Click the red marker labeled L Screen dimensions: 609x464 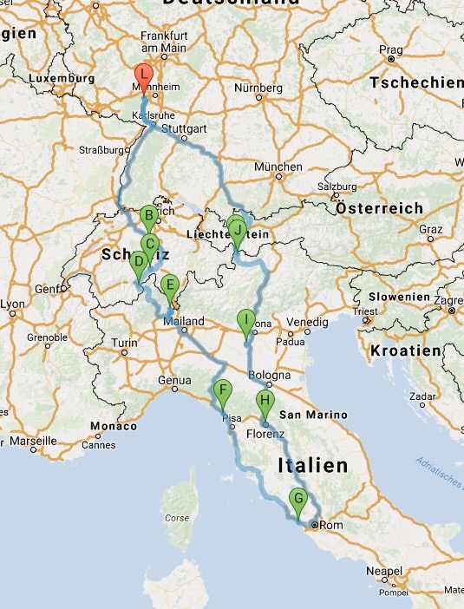144,76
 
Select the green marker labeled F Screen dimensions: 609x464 222,391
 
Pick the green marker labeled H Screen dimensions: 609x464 265,402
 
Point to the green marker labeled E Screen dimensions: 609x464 170,285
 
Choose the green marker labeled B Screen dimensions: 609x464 148,217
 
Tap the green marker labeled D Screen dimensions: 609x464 138,262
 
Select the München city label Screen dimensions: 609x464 278,167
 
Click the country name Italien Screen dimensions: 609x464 312,466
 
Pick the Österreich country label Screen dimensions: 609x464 379,209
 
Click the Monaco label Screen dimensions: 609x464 114,427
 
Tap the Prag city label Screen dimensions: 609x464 390,50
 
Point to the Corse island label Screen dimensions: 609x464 177,519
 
